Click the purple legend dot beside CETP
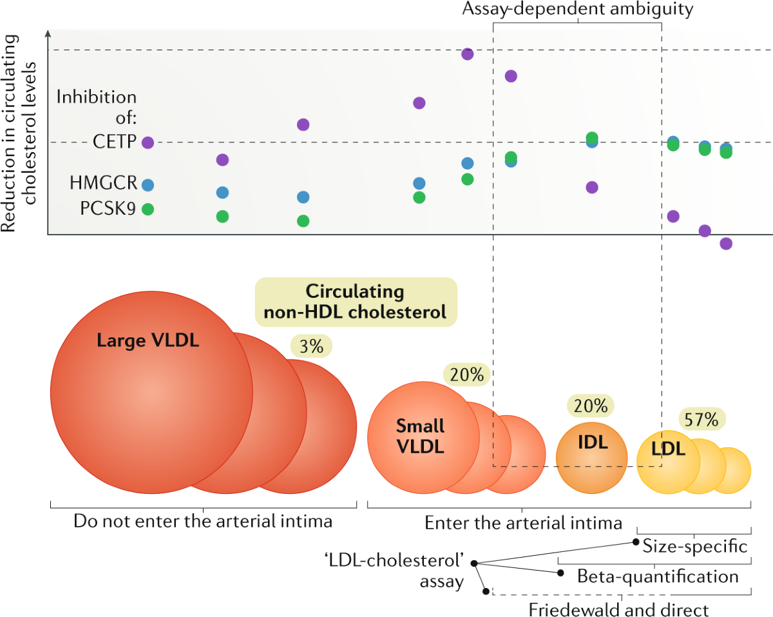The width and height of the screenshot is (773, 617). (148, 142)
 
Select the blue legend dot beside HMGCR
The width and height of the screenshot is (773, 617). (148, 184)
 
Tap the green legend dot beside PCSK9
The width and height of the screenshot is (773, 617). (148, 209)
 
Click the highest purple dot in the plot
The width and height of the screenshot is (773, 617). (468, 54)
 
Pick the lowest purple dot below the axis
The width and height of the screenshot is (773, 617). (726, 244)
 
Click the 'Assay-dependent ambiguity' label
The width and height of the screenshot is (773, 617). (577, 10)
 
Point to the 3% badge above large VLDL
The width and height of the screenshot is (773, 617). (311, 346)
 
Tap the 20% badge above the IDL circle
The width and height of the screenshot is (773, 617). (591, 406)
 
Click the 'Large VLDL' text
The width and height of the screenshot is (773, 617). (148, 340)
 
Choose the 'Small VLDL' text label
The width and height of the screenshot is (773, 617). (420, 436)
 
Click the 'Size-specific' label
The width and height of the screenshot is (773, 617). (695, 547)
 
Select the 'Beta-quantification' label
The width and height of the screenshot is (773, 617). (658, 576)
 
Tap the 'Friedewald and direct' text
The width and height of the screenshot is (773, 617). (618, 609)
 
